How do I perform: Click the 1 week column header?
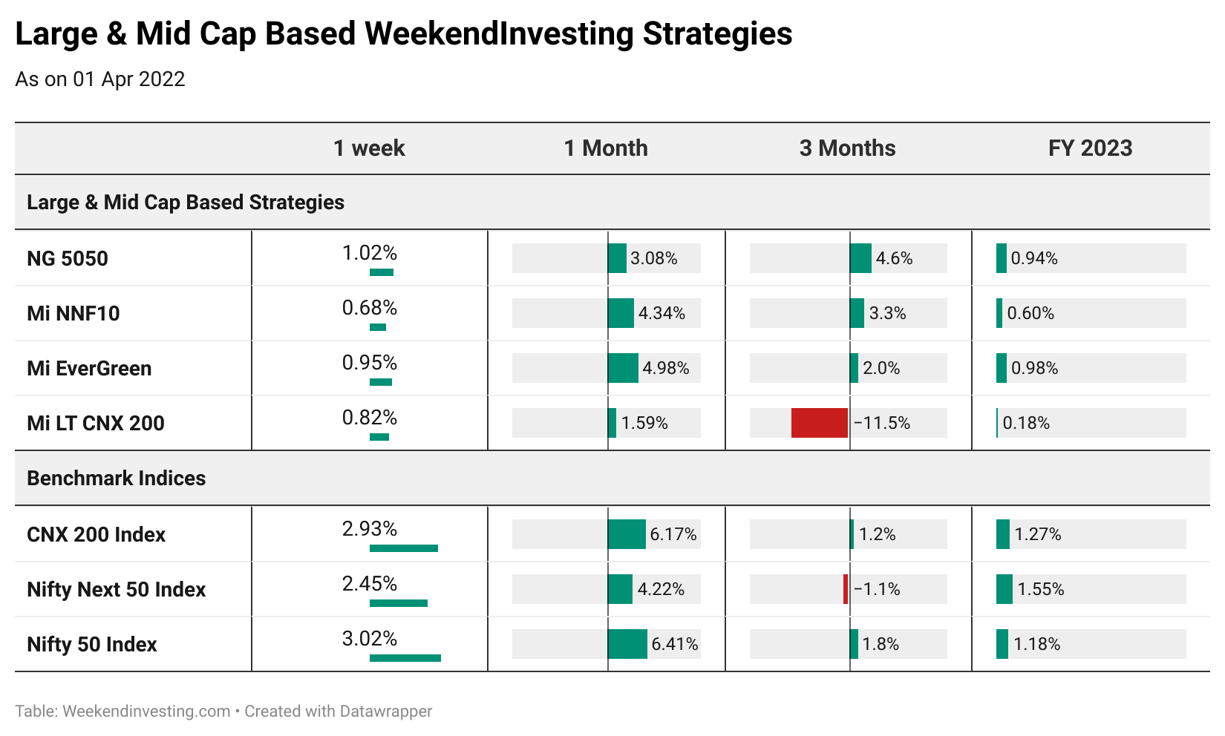pyautogui.click(x=369, y=148)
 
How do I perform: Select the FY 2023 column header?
pyautogui.click(x=1090, y=148)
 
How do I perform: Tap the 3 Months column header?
pyautogui.click(x=847, y=148)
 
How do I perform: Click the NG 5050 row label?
pyautogui.click(x=68, y=258)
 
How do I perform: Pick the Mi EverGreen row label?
pyautogui.click(x=89, y=368)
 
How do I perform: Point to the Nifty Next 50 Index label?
pyautogui.click(x=116, y=589)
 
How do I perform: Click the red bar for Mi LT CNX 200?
pyautogui.click(x=819, y=423)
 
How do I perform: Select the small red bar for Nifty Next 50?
pyautogui.click(x=846, y=589)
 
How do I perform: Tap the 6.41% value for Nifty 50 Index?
pyautogui.click(x=674, y=644)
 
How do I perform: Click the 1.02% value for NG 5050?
pyautogui.click(x=369, y=253)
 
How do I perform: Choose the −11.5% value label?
pyautogui.click(x=881, y=423)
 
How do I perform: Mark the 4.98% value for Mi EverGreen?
pyautogui.click(x=665, y=368)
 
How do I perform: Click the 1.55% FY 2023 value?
pyautogui.click(x=1041, y=589)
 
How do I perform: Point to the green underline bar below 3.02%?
pyautogui.click(x=405, y=658)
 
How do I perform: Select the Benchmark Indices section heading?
pyautogui.click(x=116, y=478)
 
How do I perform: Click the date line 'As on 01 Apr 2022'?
pyautogui.click(x=100, y=79)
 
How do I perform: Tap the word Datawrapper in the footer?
pyautogui.click(x=385, y=712)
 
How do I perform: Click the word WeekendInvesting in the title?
pyautogui.click(x=497, y=34)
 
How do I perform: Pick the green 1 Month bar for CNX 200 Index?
pyautogui.click(x=627, y=534)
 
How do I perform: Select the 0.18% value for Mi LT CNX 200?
pyautogui.click(x=1026, y=423)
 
